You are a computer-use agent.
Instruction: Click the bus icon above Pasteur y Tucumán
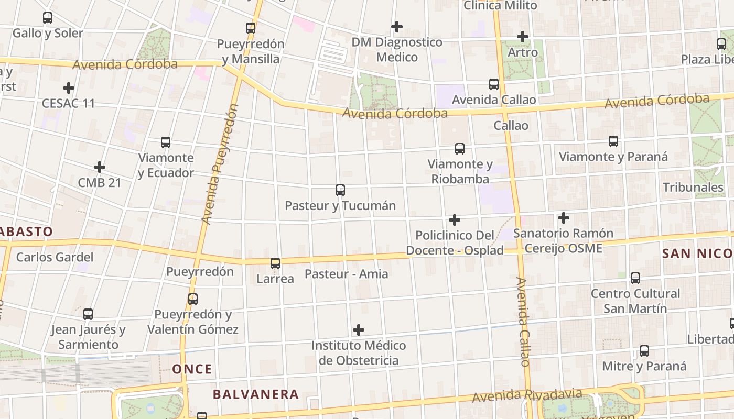point(340,190)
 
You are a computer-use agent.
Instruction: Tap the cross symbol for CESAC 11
point(68,88)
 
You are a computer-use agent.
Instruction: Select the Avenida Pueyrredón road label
point(219,164)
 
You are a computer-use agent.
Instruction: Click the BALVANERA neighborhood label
point(256,394)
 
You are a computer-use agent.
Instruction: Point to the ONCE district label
point(192,369)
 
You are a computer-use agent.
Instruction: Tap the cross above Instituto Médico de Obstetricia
point(359,330)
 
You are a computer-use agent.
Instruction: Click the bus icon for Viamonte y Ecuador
point(166,142)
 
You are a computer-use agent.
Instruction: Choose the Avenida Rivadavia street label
point(527,395)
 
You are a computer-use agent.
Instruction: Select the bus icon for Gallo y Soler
point(48,18)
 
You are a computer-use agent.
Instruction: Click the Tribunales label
point(693,188)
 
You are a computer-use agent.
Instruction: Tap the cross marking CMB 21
point(100,167)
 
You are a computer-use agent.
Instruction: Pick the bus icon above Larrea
point(275,263)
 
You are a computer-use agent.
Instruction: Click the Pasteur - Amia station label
point(347,274)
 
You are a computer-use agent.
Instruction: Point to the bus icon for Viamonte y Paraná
point(613,141)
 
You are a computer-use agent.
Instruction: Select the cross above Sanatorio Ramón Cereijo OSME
point(564,218)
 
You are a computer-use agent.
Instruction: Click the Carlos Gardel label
point(55,257)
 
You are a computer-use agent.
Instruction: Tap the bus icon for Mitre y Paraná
point(644,351)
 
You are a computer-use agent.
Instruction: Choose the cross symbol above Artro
point(523,37)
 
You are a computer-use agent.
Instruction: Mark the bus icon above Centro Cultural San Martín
point(635,278)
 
